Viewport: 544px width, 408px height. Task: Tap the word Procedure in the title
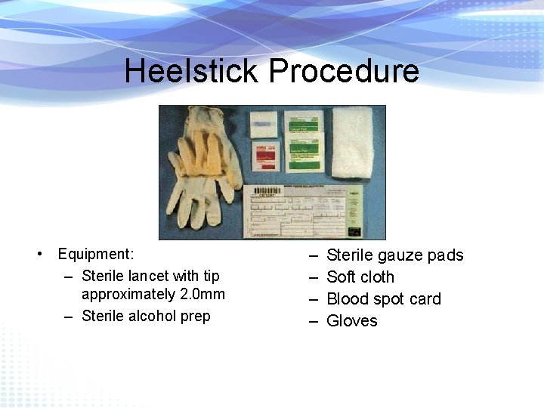click(344, 71)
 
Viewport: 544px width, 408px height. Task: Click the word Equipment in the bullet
click(95, 254)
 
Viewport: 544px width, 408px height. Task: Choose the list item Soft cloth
click(360, 277)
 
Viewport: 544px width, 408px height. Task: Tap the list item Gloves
click(351, 321)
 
